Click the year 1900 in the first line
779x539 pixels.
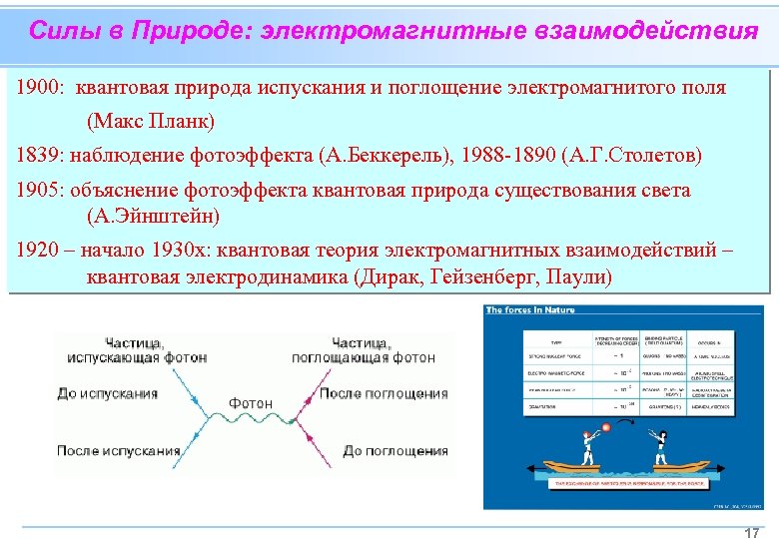point(37,88)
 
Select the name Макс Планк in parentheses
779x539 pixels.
point(151,123)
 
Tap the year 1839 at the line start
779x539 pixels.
point(37,156)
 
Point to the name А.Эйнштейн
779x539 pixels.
point(154,215)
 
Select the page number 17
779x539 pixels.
point(752,533)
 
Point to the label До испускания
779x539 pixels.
point(108,393)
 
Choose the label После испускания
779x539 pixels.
point(118,450)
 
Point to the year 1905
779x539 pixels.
point(37,190)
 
